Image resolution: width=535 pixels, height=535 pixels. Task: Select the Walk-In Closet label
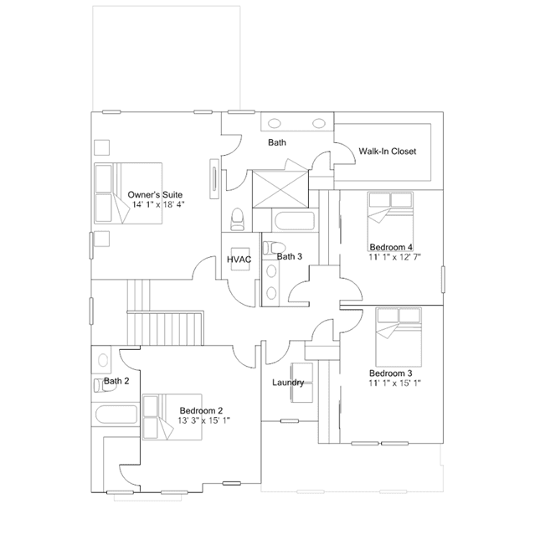click(387, 152)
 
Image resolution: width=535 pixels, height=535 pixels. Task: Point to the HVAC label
click(239, 260)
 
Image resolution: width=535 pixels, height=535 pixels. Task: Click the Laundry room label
click(288, 383)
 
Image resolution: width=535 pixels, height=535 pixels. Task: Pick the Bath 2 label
click(116, 382)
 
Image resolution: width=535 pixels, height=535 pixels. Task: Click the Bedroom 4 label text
click(391, 247)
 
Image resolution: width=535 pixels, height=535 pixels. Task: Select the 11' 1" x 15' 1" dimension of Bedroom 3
click(394, 383)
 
